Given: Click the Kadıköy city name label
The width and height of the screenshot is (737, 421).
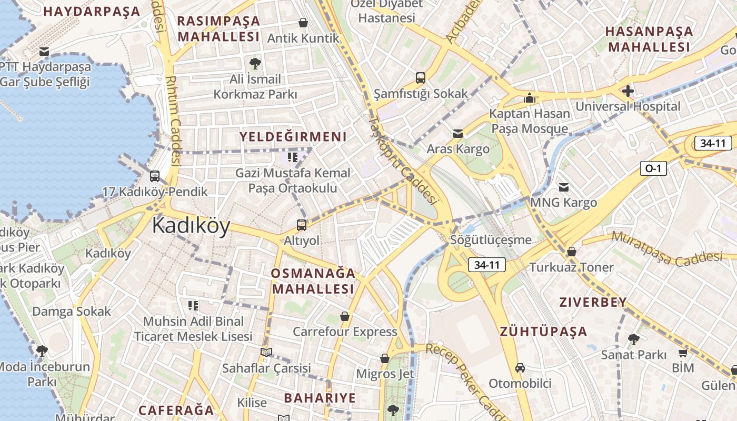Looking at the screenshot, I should click(191, 226).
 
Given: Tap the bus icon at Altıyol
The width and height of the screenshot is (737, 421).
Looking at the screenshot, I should click(302, 225).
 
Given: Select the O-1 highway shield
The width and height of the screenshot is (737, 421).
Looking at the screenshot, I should click(653, 168).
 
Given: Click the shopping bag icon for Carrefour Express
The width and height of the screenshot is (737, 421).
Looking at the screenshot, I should click(345, 316).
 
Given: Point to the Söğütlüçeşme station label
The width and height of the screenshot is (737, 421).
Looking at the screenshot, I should click(491, 240).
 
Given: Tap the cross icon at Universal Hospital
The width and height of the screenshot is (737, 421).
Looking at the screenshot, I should click(628, 91).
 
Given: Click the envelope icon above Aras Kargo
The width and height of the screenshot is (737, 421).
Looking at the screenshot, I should click(458, 134).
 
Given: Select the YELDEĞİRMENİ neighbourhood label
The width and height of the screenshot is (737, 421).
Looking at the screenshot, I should click(293, 137).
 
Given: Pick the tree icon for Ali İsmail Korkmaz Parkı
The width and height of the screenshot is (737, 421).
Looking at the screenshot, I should click(255, 64).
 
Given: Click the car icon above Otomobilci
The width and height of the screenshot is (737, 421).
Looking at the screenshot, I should click(520, 368).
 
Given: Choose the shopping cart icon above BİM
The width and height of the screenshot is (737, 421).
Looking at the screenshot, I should click(683, 353).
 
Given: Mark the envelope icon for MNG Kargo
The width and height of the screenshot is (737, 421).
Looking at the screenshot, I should click(564, 187).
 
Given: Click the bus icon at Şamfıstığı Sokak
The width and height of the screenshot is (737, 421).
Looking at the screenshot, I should click(420, 78).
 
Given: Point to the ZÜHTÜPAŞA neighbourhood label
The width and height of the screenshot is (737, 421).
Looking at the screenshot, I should click(543, 332).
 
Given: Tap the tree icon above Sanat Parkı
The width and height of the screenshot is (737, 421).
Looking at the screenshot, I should click(634, 339).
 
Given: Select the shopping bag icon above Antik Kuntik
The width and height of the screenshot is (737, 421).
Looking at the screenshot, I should click(303, 23).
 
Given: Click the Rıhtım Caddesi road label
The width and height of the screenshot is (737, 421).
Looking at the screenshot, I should click(173, 121).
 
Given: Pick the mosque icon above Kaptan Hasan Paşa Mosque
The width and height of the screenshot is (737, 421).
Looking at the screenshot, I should click(529, 98).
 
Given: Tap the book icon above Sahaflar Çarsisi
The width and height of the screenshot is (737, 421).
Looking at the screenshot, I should click(266, 352).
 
